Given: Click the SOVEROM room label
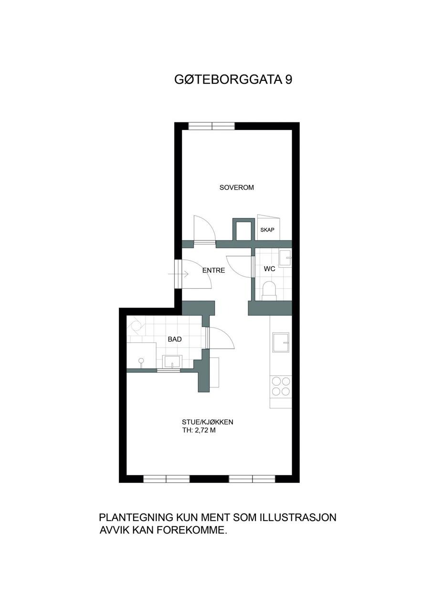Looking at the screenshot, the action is pos(236,188).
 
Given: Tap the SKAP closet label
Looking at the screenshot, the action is pos(267,230).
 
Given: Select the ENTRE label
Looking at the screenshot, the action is pos(213,271).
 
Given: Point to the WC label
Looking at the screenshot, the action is pos(269,269).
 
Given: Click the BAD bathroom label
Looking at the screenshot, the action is pos(175,339).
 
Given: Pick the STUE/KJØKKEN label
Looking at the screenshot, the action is pos(208,422).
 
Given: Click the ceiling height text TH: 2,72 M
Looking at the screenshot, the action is pos(199,430).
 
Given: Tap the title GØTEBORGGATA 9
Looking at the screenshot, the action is pos(233,79).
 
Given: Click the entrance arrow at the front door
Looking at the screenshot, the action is pos(178,274).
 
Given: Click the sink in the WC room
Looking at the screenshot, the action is pos(285,258).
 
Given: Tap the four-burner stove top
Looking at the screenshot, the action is pos(281,385).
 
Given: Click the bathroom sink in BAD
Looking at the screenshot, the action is pos(172,362).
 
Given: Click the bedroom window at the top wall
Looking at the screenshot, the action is pos(211,126).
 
